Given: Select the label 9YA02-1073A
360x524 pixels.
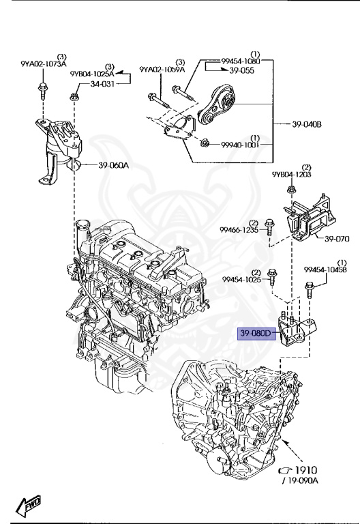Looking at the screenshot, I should (44, 64).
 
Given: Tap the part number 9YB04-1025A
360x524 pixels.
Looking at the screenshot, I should (91, 72).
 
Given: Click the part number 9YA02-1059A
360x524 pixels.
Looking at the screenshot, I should (163, 69).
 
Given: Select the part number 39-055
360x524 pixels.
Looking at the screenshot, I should (241, 70).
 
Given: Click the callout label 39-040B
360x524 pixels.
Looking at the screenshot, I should (306, 124).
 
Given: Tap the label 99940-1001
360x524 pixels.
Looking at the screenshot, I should (240, 145).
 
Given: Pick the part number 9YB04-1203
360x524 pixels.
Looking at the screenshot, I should (290, 175).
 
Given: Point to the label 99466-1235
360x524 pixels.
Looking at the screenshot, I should (238, 231).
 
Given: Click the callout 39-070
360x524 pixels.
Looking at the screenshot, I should (336, 239).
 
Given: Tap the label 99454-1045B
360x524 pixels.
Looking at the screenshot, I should (325, 270).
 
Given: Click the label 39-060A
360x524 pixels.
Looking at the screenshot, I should (112, 164).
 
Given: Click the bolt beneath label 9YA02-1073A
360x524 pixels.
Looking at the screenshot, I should (43, 87).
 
